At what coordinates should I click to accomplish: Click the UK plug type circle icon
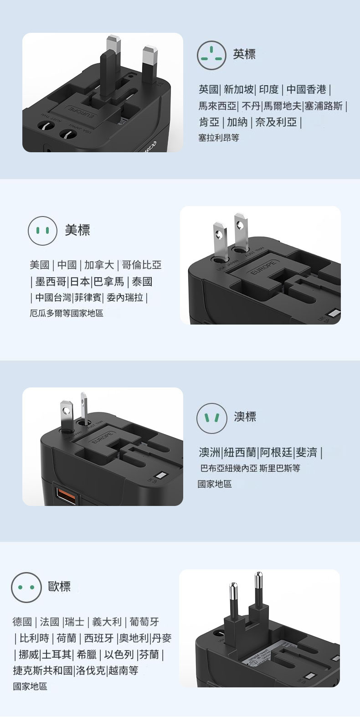[x=211, y=55]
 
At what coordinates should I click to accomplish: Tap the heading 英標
[x=244, y=54]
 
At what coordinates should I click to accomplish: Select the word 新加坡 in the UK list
[x=239, y=89]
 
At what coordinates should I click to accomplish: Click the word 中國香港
[x=306, y=89]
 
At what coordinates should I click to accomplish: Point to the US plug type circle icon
[x=42, y=231]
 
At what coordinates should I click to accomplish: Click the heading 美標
[x=77, y=230]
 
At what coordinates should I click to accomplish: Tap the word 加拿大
[x=99, y=265]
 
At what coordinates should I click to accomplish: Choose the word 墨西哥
[x=51, y=282]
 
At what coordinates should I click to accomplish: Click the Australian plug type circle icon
[x=211, y=418]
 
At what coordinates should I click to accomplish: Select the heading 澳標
[x=245, y=417]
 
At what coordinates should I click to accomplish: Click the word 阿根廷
[x=276, y=452]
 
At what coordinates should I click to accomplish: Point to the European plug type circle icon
[x=26, y=587]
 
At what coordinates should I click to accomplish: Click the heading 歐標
[x=60, y=587]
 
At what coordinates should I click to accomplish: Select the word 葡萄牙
[x=144, y=622]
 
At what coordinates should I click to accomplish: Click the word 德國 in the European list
[x=22, y=622]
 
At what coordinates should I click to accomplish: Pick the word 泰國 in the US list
[x=142, y=282]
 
